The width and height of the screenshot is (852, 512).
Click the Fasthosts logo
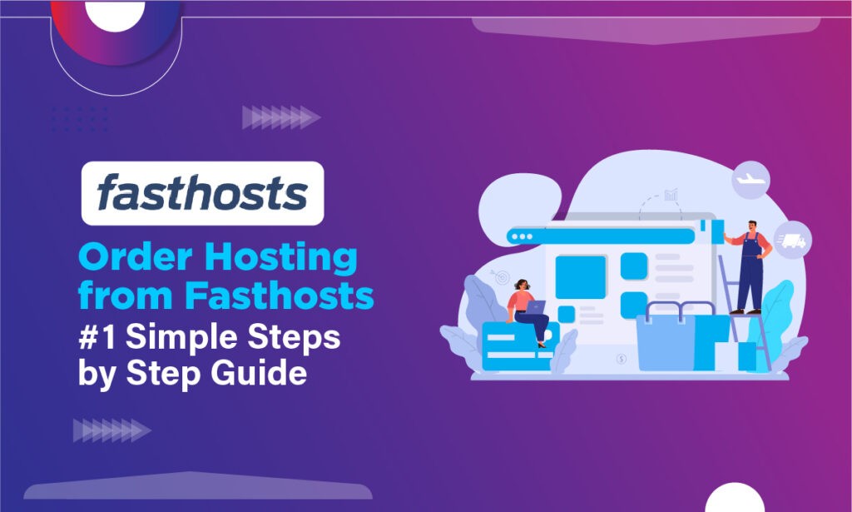tap(202, 193)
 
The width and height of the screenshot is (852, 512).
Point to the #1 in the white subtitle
tap(99, 335)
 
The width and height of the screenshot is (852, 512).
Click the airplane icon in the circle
tap(751, 180)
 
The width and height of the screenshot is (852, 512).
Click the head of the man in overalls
tap(752, 226)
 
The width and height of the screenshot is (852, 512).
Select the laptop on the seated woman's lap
tap(534, 306)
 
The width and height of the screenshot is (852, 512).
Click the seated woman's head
tap(523, 286)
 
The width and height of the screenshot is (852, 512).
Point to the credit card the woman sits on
tap(514, 345)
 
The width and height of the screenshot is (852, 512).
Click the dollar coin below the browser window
tap(622, 360)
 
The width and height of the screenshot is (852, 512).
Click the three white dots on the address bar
tap(522, 236)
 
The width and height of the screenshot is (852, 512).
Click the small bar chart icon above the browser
tap(671, 195)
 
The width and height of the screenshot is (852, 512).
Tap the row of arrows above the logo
tap(280, 117)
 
